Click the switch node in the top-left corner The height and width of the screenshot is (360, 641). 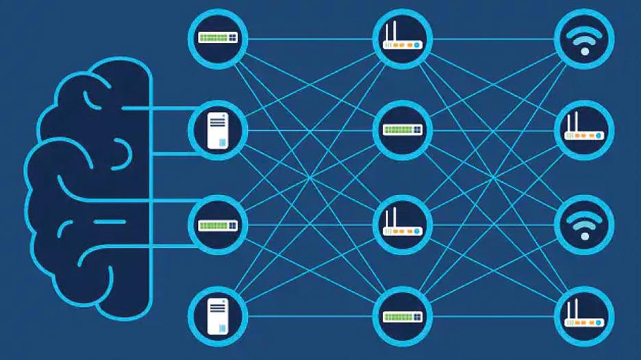[217, 38]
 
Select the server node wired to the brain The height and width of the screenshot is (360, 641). [217, 131]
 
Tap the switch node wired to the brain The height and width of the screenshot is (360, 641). [217, 224]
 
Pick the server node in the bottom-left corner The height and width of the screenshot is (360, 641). [217, 317]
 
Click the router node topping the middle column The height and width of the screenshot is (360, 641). [402, 38]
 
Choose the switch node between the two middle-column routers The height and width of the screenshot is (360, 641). [402, 131]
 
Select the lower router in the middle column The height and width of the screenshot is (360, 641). [402, 224]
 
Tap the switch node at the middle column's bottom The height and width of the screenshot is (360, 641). [402, 317]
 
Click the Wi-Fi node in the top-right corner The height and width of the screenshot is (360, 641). [584, 38]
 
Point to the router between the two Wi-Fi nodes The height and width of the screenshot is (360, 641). [584, 131]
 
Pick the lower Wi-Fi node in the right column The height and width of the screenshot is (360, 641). [584, 224]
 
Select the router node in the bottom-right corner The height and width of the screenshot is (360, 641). [584, 317]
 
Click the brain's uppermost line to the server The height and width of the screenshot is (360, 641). [161, 108]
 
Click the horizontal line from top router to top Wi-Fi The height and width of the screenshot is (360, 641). [493, 38]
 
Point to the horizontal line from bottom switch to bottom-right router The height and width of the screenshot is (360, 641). [493, 317]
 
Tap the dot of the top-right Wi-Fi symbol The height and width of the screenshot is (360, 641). [584, 52]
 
